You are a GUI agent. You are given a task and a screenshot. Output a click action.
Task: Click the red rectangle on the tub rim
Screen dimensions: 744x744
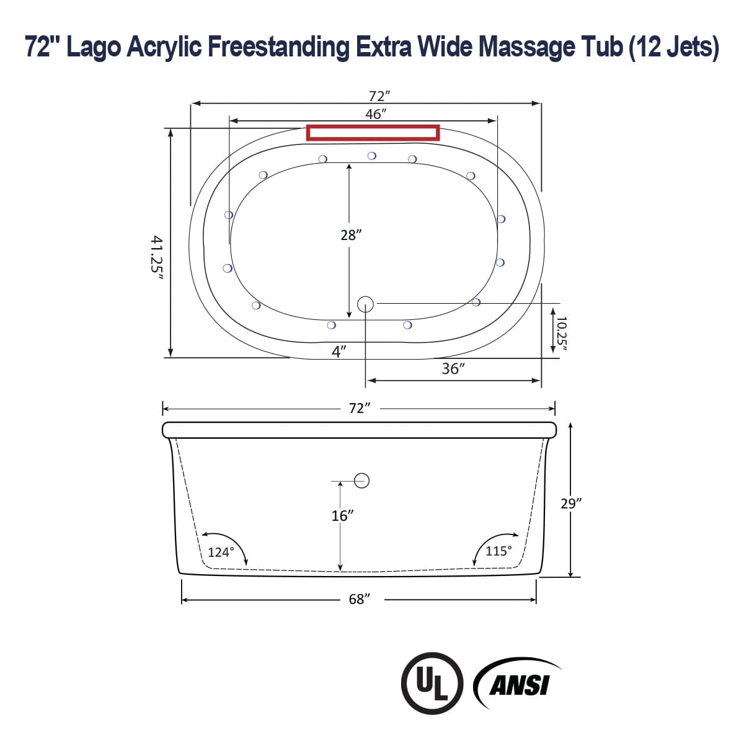[x=373, y=133]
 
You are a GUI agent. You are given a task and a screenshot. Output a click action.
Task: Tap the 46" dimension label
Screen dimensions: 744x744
[x=376, y=114]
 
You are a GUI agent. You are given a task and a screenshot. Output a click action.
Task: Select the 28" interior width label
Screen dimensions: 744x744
[x=351, y=235]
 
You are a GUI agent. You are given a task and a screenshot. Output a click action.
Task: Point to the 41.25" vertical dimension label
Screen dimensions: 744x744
[x=157, y=258]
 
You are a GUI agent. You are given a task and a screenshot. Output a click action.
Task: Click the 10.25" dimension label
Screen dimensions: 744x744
[x=561, y=334]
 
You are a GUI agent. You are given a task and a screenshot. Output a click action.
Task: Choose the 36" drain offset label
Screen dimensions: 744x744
[x=453, y=369]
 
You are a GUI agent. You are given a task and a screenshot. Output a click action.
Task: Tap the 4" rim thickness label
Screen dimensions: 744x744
[x=339, y=352]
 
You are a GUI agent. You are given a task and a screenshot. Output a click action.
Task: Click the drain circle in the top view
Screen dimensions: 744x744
[x=365, y=304]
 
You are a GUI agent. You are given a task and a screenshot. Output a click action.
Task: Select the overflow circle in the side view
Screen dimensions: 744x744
[x=362, y=480]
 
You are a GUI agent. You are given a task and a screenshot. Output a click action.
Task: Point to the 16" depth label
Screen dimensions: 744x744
[x=342, y=515]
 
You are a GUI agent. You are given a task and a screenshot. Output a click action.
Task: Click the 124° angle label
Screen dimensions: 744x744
[x=221, y=552]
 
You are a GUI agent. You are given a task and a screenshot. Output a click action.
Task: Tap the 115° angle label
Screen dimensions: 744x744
[x=498, y=551]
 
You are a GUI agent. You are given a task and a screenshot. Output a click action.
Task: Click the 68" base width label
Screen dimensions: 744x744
[x=360, y=600]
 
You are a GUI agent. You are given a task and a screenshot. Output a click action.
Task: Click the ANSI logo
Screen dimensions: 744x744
[x=518, y=684]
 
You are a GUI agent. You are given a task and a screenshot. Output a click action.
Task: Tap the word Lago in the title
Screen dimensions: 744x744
[x=93, y=47]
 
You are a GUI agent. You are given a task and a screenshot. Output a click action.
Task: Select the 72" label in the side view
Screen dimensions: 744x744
[x=360, y=408]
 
